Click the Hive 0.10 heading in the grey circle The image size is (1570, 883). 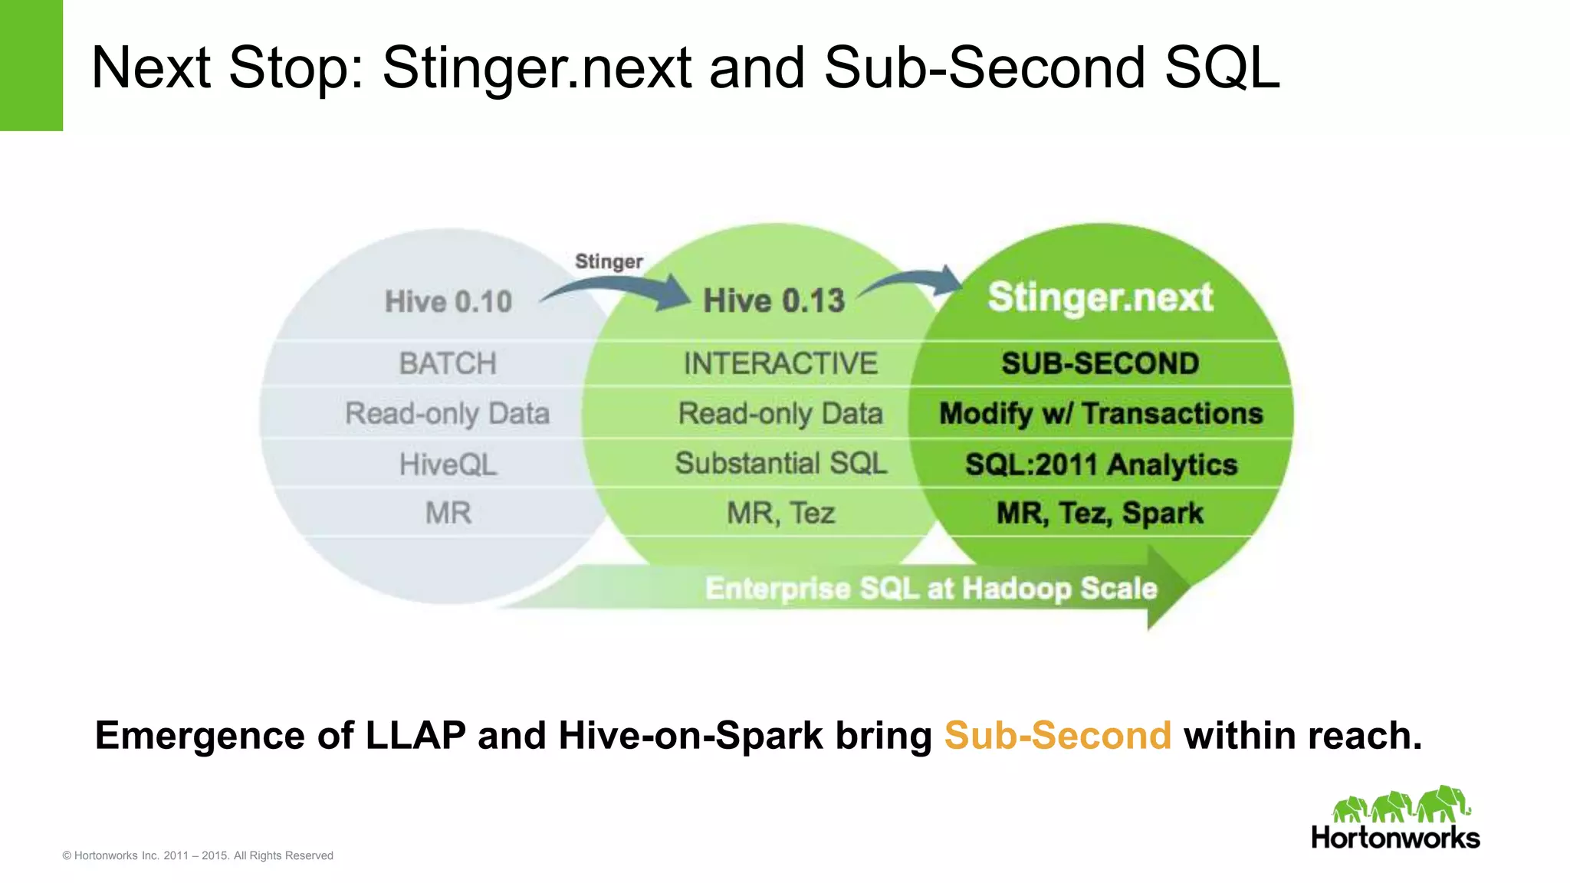pos(448,301)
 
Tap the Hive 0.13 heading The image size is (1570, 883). pos(774,300)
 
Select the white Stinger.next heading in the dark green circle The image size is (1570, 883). pos(1100,297)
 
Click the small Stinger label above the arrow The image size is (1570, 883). pos(609,261)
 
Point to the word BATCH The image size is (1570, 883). pos(448,363)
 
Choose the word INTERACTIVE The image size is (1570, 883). pos(780,363)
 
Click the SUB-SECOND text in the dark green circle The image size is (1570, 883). pos(1100,363)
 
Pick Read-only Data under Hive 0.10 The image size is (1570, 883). pos(447,414)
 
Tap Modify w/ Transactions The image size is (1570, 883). pos(1101,414)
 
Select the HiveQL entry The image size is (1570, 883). pos(448,464)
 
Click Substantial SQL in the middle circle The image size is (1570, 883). pos(780,463)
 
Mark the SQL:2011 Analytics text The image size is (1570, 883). pos(1101,464)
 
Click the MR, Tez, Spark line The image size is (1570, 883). pos(1099,513)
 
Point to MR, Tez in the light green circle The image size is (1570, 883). pos(780,513)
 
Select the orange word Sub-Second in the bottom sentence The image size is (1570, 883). pos(1057,735)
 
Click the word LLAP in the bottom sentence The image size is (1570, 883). pos(415,735)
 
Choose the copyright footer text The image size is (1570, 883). pos(198,855)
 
